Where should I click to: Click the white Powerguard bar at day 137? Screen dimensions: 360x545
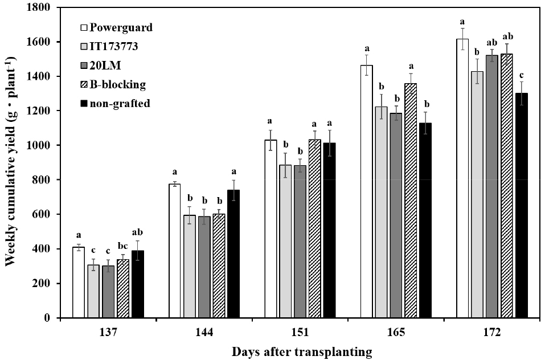[79, 283]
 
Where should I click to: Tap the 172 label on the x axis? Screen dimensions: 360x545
[491, 332]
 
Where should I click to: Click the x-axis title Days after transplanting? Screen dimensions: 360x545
[302, 351]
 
